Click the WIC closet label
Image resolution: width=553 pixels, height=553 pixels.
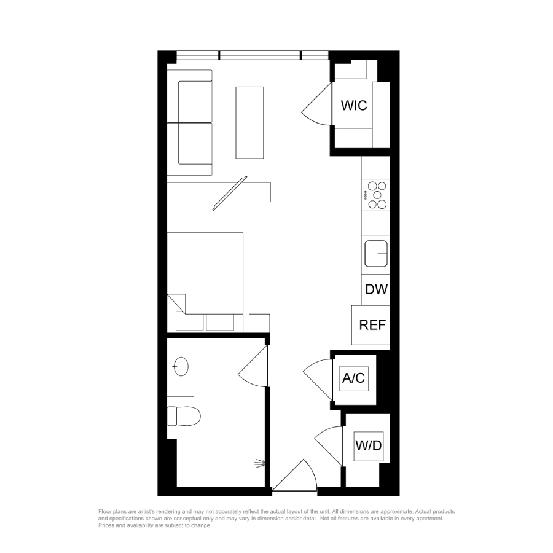pyautogui.click(x=354, y=106)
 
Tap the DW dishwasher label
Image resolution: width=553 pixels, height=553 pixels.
pyautogui.click(x=376, y=289)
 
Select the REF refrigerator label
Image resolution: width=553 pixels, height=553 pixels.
pyautogui.click(x=372, y=325)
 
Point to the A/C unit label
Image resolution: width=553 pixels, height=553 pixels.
pyautogui.click(x=353, y=378)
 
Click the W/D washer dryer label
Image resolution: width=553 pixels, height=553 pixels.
pyautogui.click(x=369, y=446)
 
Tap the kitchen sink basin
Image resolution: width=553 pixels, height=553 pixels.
pyautogui.click(x=376, y=254)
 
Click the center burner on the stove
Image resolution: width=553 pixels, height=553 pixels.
pyautogui.click(x=377, y=195)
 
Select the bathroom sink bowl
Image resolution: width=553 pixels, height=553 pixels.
pyautogui.click(x=181, y=366)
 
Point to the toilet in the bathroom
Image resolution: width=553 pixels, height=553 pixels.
pyautogui.click(x=183, y=416)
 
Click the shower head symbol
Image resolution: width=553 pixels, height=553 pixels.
pyautogui.click(x=261, y=463)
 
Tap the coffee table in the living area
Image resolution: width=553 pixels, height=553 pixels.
pyautogui.click(x=249, y=123)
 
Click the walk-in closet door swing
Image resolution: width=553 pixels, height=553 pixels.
pyautogui.click(x=316, y=104)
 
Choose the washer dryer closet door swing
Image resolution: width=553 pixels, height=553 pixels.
pyautogui.click(x=328, y=447)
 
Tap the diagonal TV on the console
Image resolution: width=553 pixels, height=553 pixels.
pyautogui.click(x=230, y=194)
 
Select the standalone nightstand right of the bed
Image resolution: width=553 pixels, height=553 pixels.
pyautogui.click(x=259, y=323)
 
